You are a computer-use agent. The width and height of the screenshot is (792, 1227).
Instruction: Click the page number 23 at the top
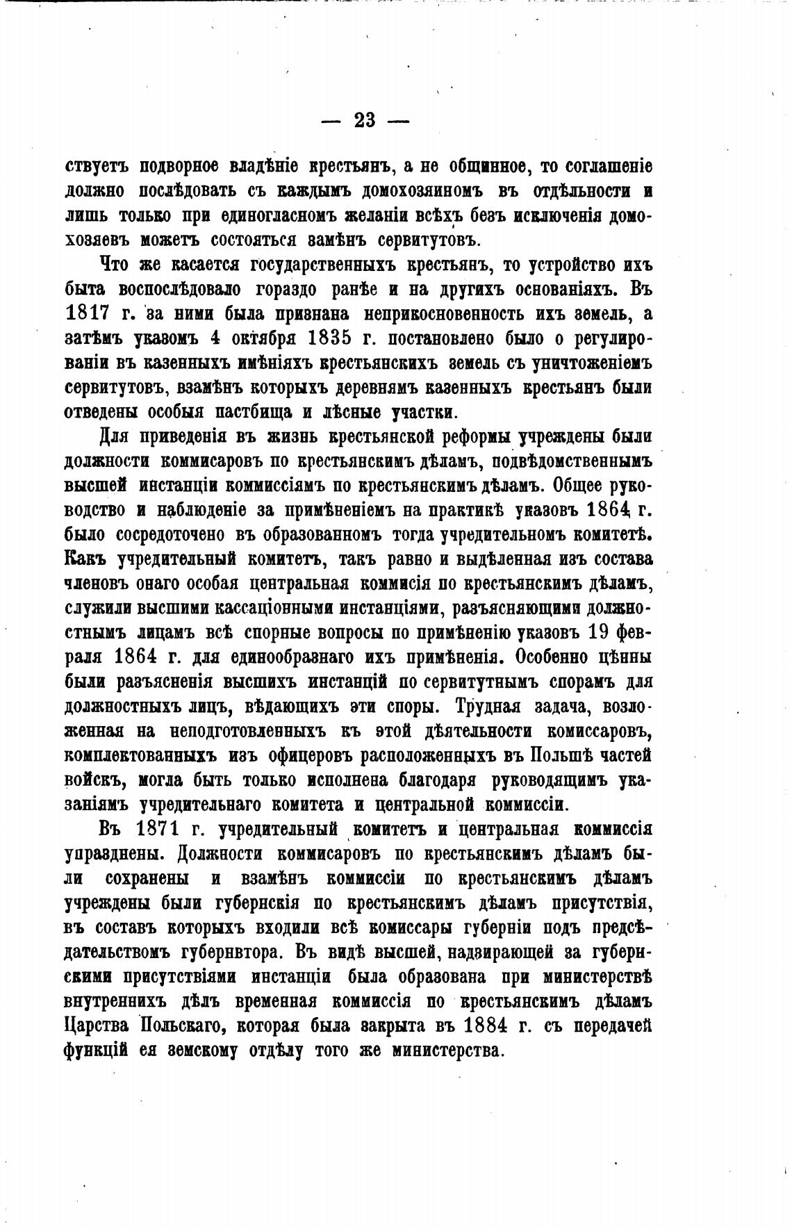365,121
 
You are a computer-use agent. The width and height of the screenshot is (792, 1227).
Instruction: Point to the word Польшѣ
564,755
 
